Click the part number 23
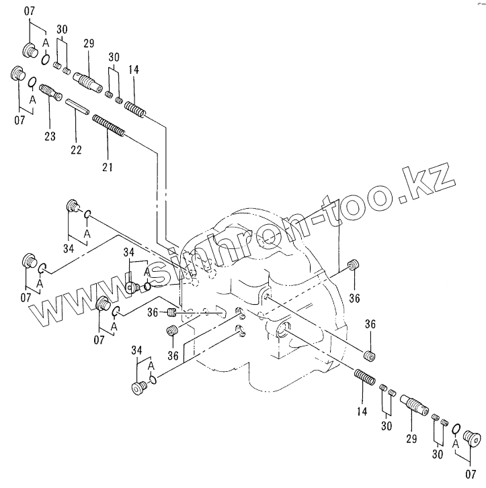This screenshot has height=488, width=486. pyautogui.click(x=50, y=136)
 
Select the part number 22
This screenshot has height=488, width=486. pyautogui.click(x=76, y=150)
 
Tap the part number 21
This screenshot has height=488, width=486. pyautogui.click(x=108, y=166)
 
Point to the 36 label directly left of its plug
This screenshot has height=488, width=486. pyautogui.click(x=153, y=312)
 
